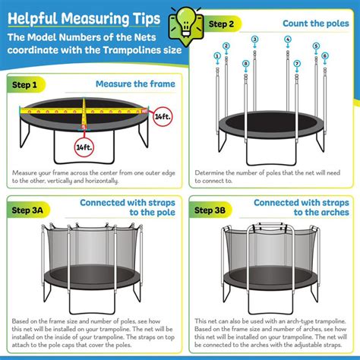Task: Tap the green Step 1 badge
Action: (27, 84)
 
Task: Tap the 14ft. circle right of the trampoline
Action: (162, 118)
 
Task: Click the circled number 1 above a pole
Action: (217, 55)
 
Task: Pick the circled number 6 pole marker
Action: (325, 55)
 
